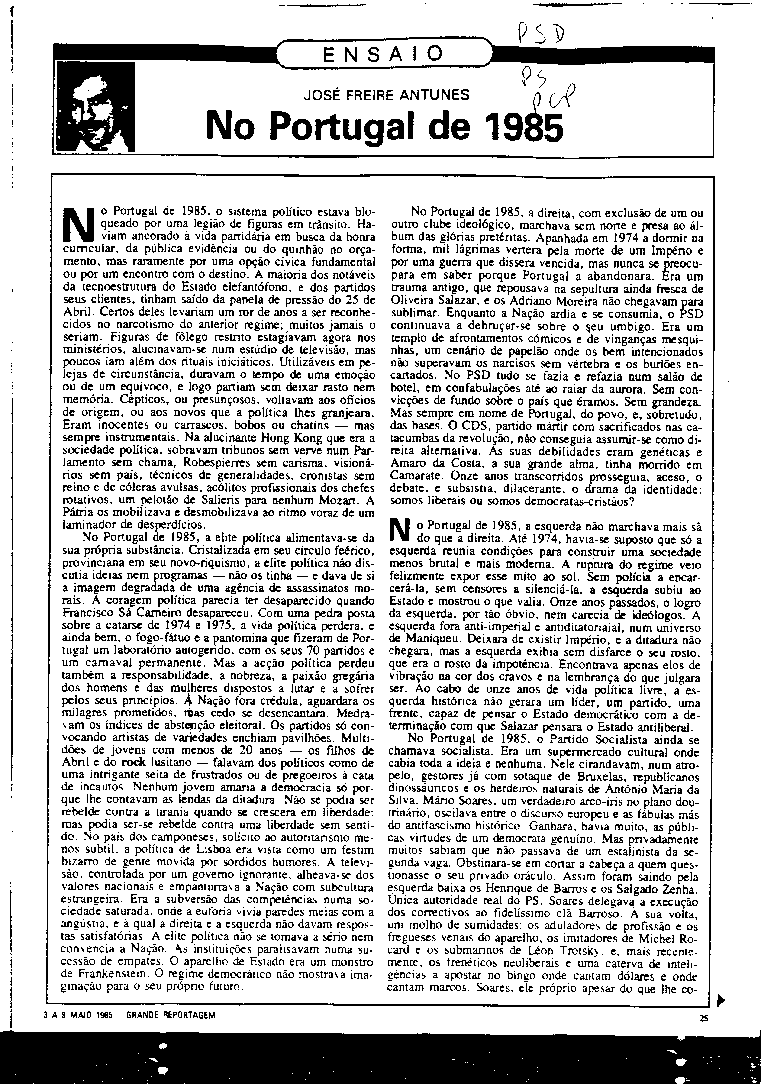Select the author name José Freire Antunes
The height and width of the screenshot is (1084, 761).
(x=387, y=96)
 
